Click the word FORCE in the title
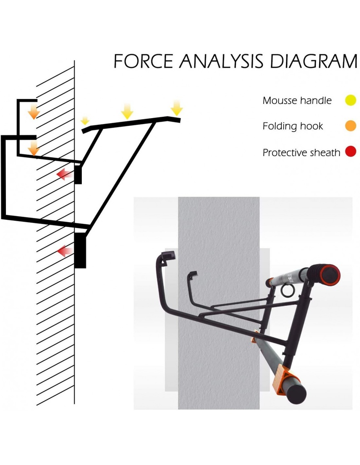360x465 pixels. (143, 61)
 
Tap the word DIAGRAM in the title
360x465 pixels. (313, 61)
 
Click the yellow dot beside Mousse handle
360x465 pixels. (350, 100)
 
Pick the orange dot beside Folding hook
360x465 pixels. (350, 126)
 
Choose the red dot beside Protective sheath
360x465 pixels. (350, 152)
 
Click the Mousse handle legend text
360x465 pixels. (297, 100)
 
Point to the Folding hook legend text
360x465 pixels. (293, 126)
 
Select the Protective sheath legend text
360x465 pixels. (301, 153)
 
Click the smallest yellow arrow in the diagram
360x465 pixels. (85, 121)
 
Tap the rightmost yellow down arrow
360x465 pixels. (176, 108)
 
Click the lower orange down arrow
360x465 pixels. (34, 148)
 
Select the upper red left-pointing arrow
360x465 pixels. (65, 174)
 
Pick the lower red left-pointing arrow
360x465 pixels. (65, 252)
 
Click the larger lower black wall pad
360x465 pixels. (80, 251)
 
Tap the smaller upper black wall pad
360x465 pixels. (78, 175)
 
